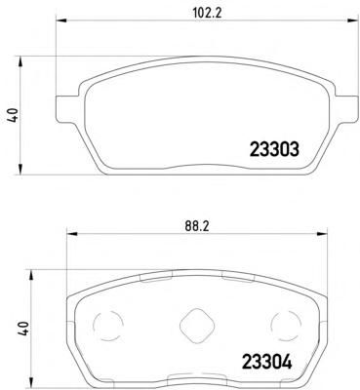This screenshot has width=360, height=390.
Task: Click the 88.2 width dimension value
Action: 196,227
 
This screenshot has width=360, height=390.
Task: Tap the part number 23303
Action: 274,150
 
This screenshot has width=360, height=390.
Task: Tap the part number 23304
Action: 266,362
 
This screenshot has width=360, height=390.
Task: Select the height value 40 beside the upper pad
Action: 13,116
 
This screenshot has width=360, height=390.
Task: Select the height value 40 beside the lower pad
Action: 23,329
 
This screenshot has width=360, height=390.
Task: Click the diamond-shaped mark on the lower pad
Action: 197,325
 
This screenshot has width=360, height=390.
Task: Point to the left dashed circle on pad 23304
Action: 108,325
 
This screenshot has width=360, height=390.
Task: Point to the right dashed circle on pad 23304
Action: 286,325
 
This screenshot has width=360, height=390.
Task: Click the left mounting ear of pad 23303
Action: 66,109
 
